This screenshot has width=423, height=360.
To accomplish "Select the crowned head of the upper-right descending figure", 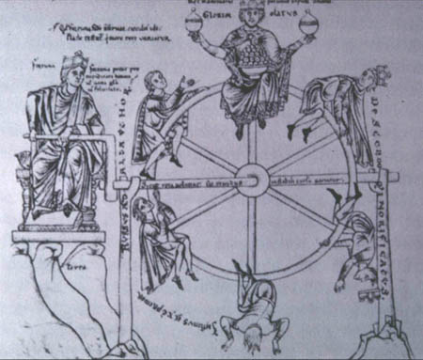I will (x=374, y=75).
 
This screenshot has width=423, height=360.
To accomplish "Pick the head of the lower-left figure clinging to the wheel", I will (x=140, y=206).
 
